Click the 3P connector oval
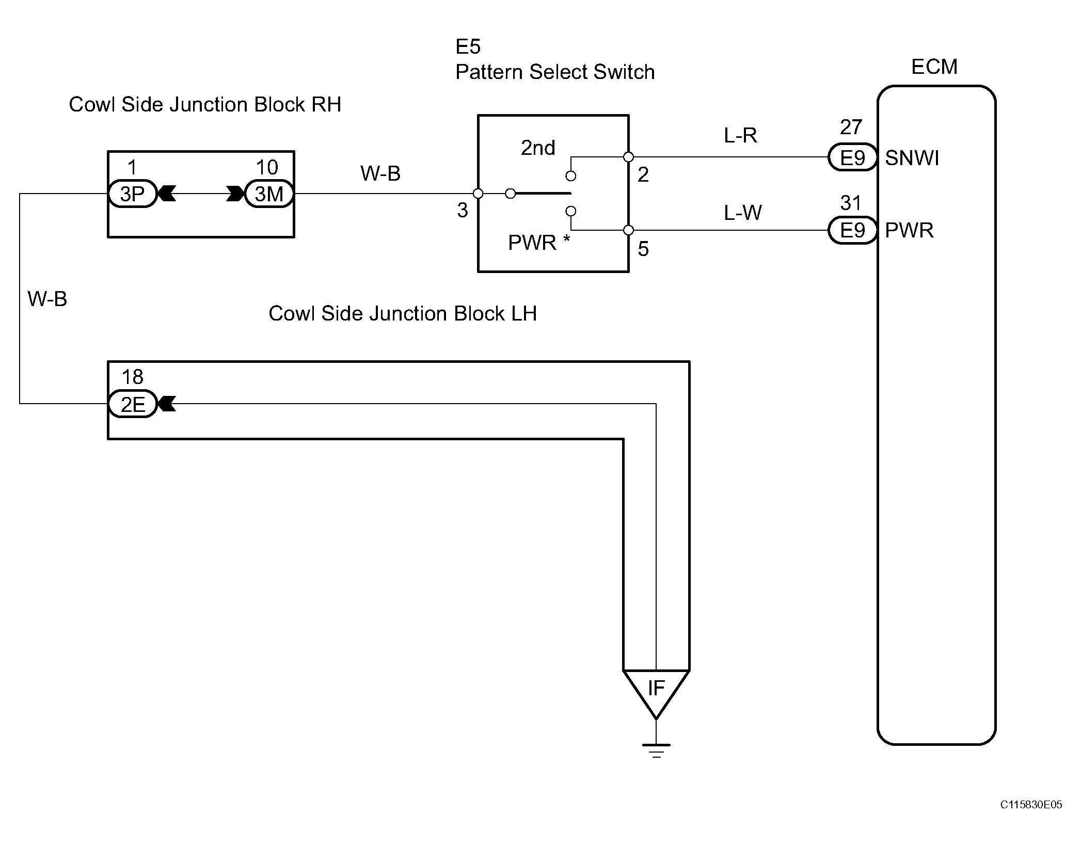[x=132, y=194]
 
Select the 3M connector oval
[x=269, y=194]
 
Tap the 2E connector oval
[x=132, y=404]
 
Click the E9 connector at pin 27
[x=852, y=157]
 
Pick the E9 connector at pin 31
[x=852, y=230]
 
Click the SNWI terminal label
[x=912, y=158]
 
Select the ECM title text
[x=934, y=67]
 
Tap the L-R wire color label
[x=740, y=135]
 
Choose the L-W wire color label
[x=742, y=212]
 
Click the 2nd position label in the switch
[x=538, y=148]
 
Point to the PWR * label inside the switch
[x=539, y=242]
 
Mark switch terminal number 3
[x=463, y=210]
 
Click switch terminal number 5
[x=643, y=249]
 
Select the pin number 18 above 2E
[x=132, y=377]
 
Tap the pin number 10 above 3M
[x=267, y=167]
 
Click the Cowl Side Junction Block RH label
[x=205, y=104]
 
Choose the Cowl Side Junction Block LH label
[x=403, y=313]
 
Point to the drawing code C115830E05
[x=1031, y=819]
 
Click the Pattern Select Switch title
[x=555, y=72]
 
